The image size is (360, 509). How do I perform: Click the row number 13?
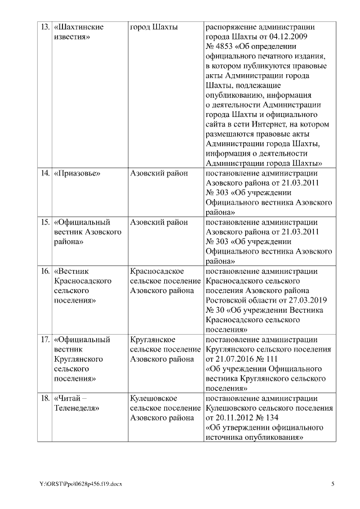(x=44, y=27)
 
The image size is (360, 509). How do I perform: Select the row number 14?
(x=44, y=173)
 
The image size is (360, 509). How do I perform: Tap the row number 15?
(x=44, y=222)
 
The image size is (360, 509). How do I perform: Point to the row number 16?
(x=44, y=272)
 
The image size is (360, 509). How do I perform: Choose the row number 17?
(x=44, y=340)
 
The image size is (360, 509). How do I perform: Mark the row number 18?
(x=44, y=398)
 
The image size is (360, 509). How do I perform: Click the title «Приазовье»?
(x=76, y=173)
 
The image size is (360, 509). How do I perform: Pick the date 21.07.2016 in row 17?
(x=235, y=359)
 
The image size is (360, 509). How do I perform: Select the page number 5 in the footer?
(x=332, y=484)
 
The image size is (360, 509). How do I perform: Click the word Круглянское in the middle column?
(x=152, y=340)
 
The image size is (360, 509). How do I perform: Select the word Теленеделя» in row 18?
(x=76, y=408)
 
